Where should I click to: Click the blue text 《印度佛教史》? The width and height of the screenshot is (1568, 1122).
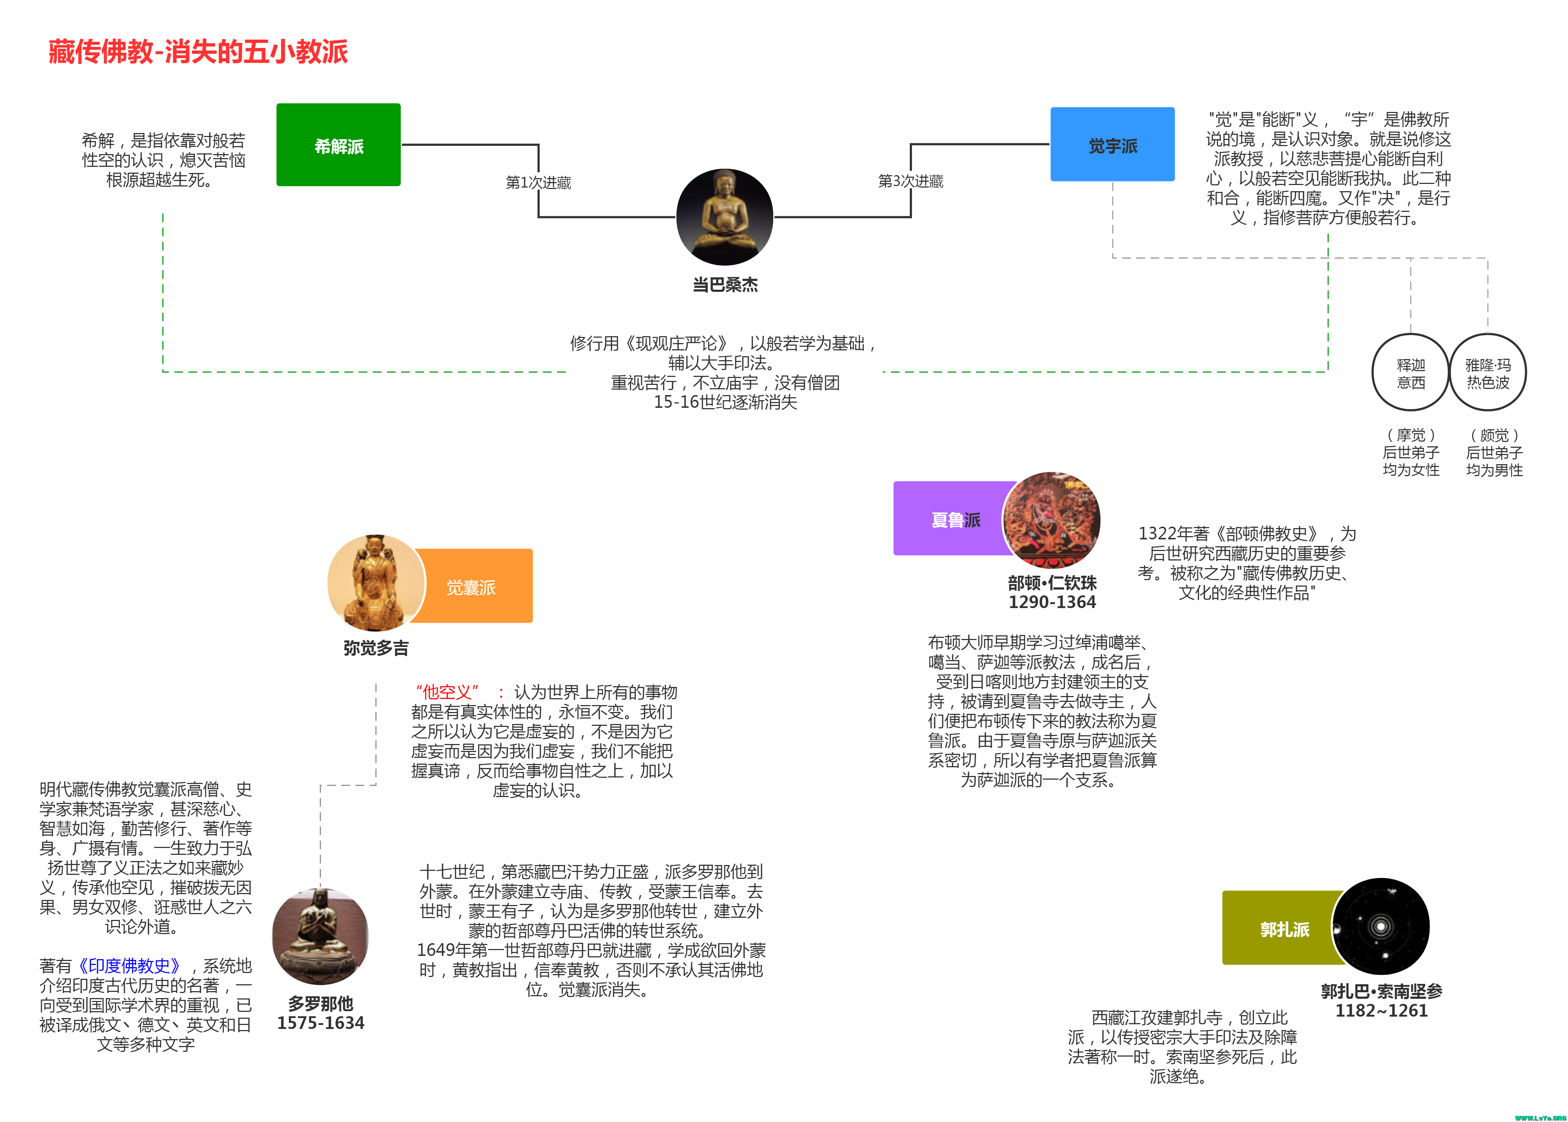click(129, 965)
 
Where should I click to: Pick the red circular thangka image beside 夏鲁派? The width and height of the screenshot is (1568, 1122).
click(1051, 519)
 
